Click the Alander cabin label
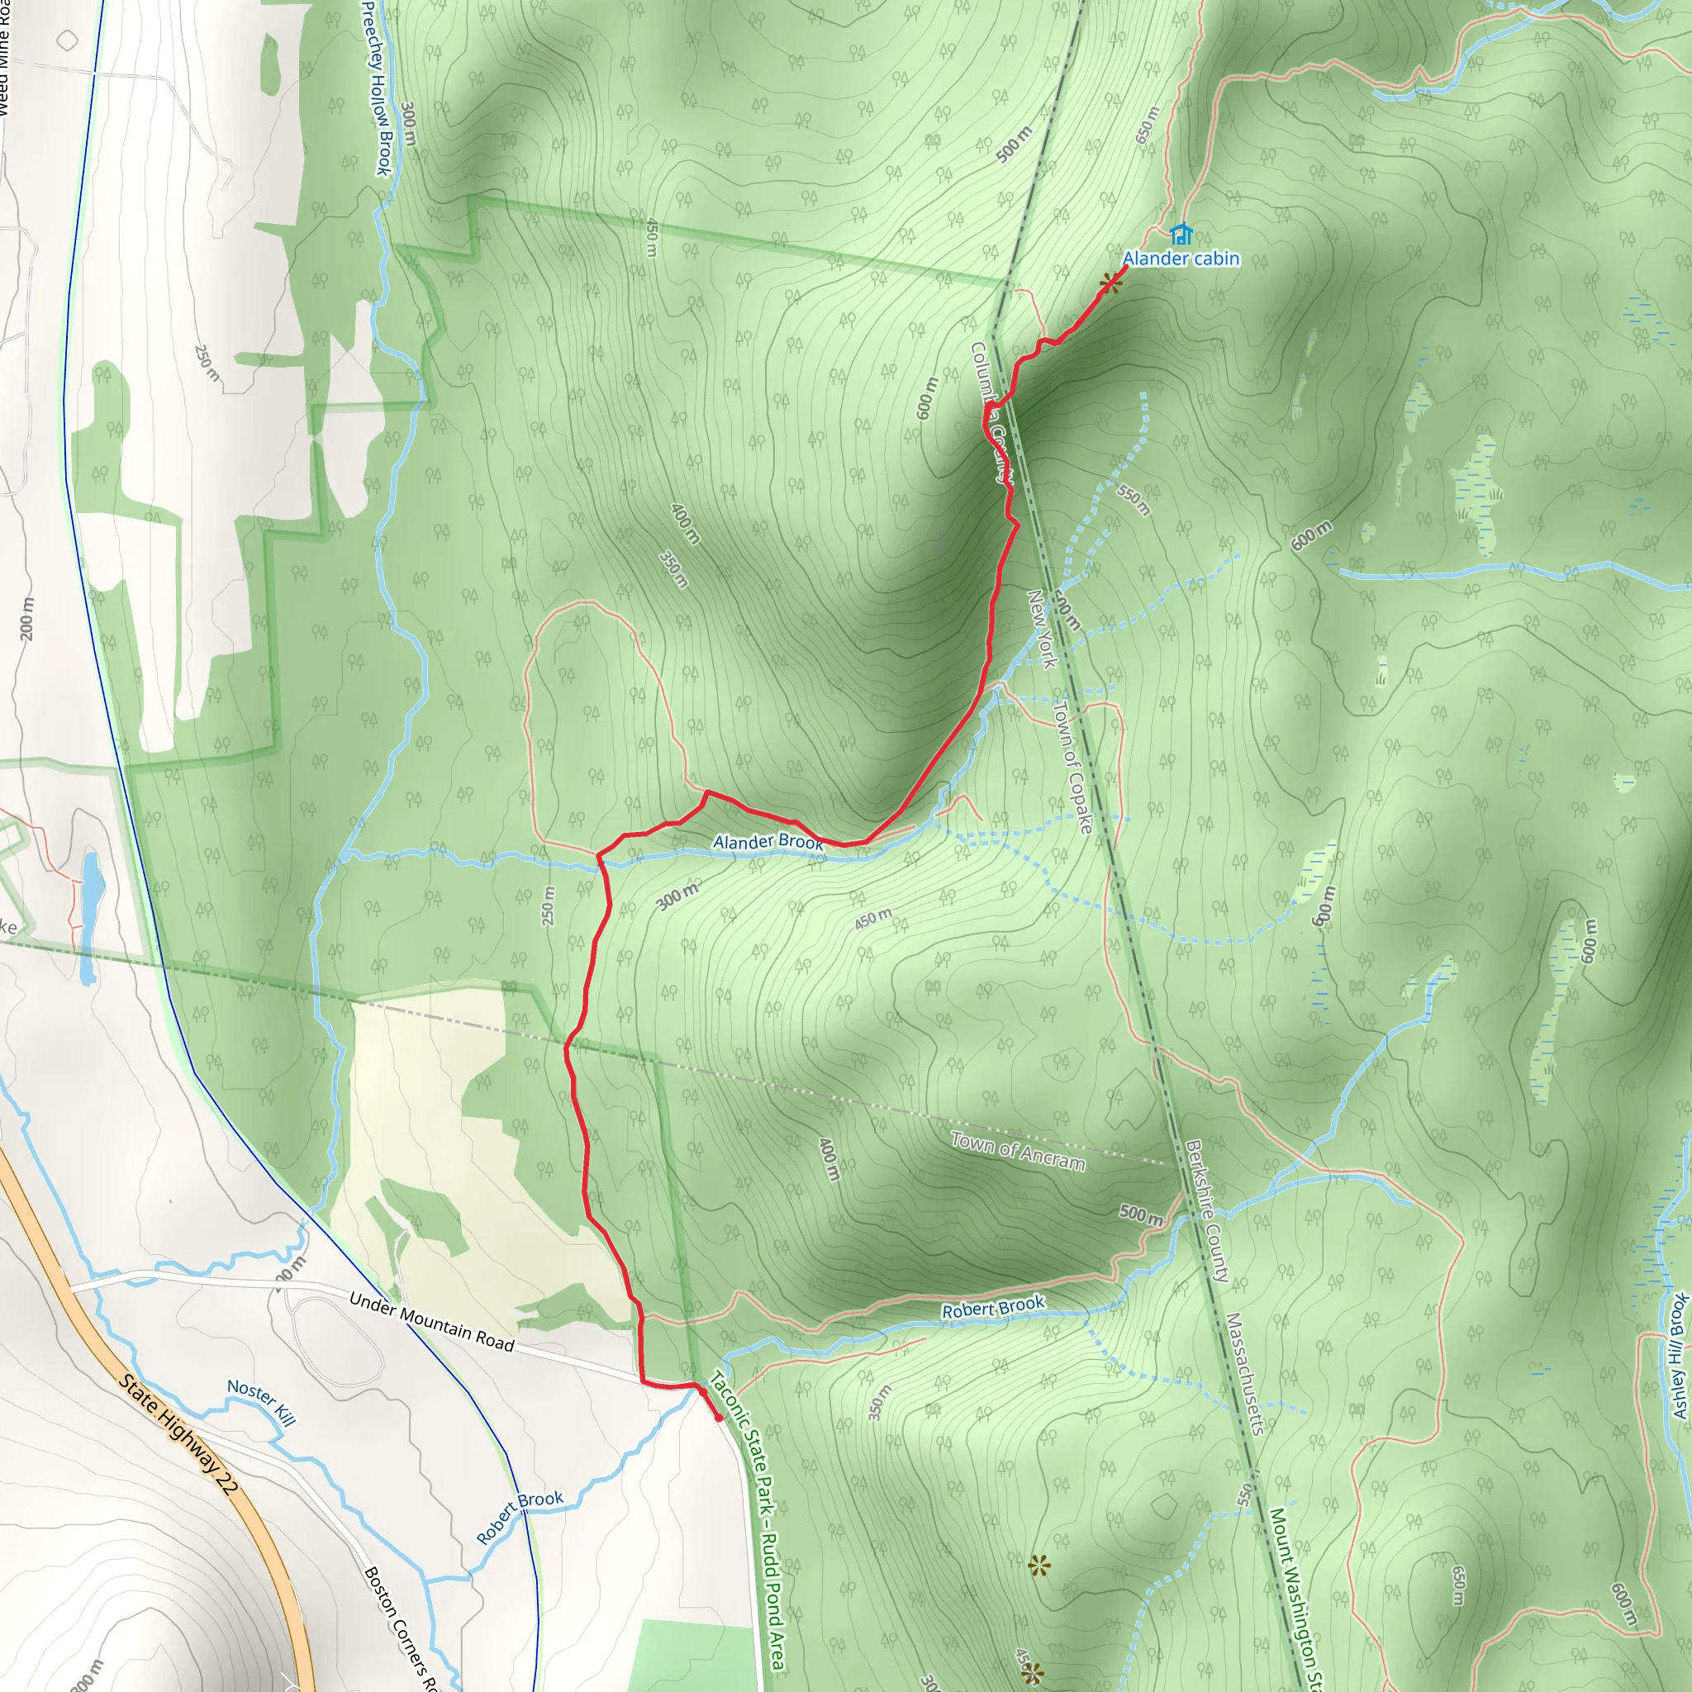click(1181, 259)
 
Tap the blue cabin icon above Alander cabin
click(1181, 234)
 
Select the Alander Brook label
click(768, 842)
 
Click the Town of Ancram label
click(1018, 1152)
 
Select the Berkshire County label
click(1208, 1211)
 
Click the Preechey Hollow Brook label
click(375, 88)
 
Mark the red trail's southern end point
click(719, 1418)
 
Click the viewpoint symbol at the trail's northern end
click(1110, 282)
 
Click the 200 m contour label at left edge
click(28, 618)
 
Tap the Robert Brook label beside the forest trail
click(993, 1308)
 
